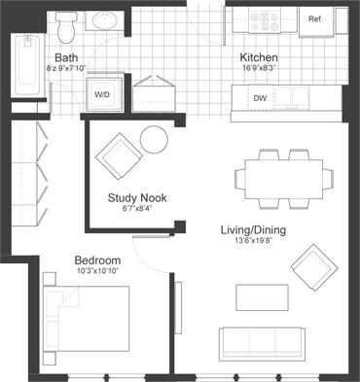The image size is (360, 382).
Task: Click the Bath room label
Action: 67,56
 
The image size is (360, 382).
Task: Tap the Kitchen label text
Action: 260,56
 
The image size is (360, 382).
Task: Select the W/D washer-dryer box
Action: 102,93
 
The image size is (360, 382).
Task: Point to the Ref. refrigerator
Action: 315,19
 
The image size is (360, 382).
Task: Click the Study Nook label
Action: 136,197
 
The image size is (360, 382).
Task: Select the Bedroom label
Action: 97,260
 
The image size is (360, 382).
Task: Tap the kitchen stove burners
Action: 265,18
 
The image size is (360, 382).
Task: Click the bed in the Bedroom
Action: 92,326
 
